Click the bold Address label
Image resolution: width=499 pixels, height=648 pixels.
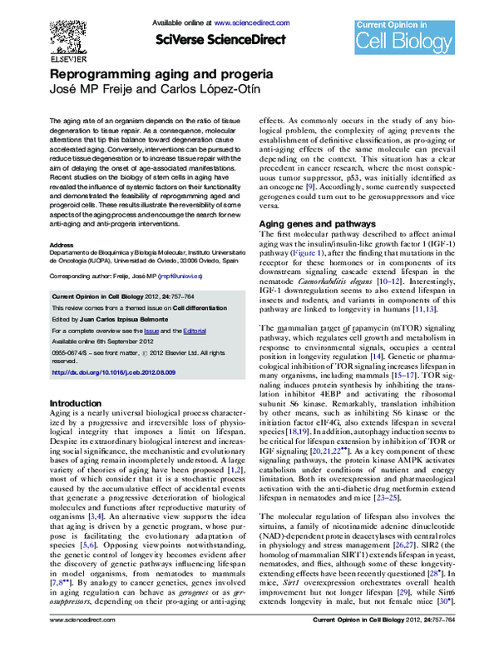[x=62, y=245]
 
